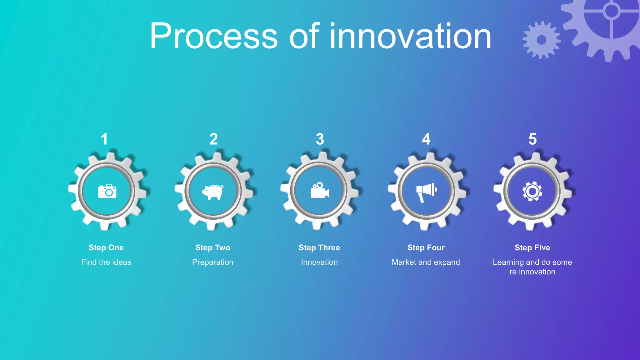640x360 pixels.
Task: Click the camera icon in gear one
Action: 107,191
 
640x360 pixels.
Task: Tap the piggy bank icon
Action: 213,192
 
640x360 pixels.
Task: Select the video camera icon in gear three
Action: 320,190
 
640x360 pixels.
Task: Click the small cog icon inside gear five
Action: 532,191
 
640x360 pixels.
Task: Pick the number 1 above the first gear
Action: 104,139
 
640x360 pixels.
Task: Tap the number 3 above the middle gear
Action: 320,139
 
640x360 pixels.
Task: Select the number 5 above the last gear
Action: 532,139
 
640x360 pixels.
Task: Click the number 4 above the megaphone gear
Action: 426,139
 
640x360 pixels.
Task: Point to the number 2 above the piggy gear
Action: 213,139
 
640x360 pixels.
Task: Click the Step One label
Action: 106,247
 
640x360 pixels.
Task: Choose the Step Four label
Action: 426,247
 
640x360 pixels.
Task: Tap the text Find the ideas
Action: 106,262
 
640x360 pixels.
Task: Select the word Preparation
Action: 213,262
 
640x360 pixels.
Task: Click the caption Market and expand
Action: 426,262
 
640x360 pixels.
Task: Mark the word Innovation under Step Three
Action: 319,262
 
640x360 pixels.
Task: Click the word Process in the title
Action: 214,36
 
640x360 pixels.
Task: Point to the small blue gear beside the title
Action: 542,40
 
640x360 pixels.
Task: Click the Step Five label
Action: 532,247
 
